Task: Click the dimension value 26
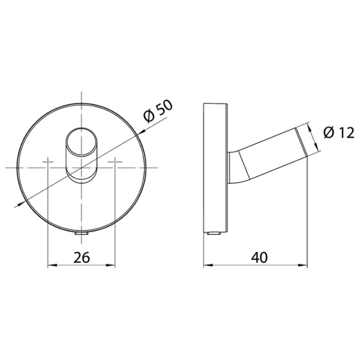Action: [x=81, y=257]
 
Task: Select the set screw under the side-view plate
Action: [x=214, y=232]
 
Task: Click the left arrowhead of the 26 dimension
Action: [x=50, y=265]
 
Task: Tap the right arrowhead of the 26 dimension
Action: [x=111, y=265]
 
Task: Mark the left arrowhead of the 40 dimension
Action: [x=207, y=265]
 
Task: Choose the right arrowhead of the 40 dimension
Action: [x=305, y=265]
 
